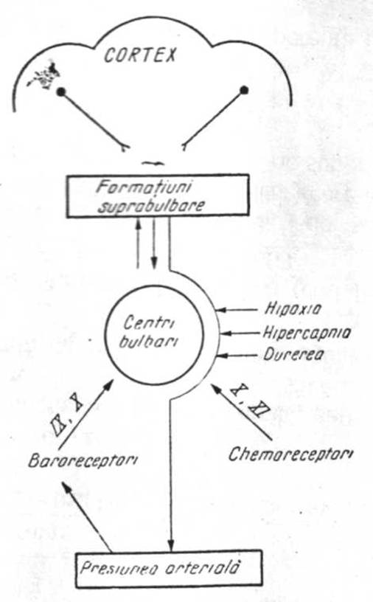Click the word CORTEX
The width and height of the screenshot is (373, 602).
pyautogui.click(x=140, y=55)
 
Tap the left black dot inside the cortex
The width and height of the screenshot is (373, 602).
pyautogui.click(x=60, y=91)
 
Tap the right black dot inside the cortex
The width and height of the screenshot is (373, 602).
pyautogui.click(x=244, y=91)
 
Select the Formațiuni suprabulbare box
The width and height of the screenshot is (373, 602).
pyautogui.click(x=158, y=196)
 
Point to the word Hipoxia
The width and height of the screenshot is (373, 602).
pyautogui.click(x=293, y=309)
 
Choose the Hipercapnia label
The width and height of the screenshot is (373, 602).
pyautogui.click(x=307, y=333)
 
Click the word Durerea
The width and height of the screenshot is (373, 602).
pyautogui.click(x=293, y=354)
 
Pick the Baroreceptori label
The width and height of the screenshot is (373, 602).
pyautogui.click(x=83, y=460)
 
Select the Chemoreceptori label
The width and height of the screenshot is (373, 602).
pyautogui.click(x=291, y=454)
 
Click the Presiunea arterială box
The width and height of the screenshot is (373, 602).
pyautogui.click(x=169, y=569)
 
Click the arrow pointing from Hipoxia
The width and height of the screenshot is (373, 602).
pyautogui.click(x=237, y=309)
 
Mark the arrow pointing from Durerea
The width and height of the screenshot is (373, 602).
pyautogui.click(x=237, y=356)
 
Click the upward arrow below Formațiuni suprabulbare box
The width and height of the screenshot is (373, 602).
pyautogui.click(x=138, y=243)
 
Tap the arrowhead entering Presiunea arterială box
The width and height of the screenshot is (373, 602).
pyautogui.click(x=171, y=544)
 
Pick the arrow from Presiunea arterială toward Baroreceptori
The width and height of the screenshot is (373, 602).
pyautogui.click(x=86, y=517)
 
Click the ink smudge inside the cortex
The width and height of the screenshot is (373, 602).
pyautogui.click(x=42, y=76)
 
